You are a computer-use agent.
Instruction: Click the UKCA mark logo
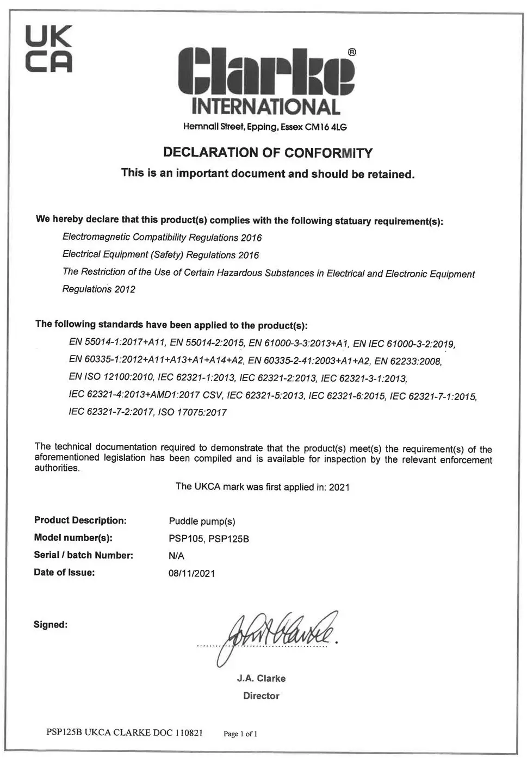(x=49, y=49)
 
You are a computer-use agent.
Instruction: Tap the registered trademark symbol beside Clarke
(x=351, y=52)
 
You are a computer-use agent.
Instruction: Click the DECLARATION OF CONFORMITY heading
(x=268, y=153)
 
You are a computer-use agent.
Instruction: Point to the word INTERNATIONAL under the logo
(x=266, y=106)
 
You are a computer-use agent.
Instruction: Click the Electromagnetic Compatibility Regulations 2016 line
(x=162, y=238)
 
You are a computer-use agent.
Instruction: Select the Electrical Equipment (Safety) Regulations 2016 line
(x=160, y=254)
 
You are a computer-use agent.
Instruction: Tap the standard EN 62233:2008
(x=408, y=361)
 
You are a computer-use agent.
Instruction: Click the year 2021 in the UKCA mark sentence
(x=339, y=487)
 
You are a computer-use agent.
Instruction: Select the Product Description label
(x=80, y=520)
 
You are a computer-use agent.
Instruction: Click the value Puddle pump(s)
(x=202, y=521)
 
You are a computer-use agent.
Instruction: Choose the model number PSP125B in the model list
(x=228, y=539)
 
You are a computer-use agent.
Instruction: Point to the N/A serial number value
(x=177, y=556)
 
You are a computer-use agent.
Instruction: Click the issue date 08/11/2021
(x=191, y=573)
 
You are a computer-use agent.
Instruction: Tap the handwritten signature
(x=277, y=633)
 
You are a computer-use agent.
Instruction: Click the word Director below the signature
(x=261, y=696)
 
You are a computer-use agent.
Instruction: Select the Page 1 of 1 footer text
(x=240, y=734)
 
